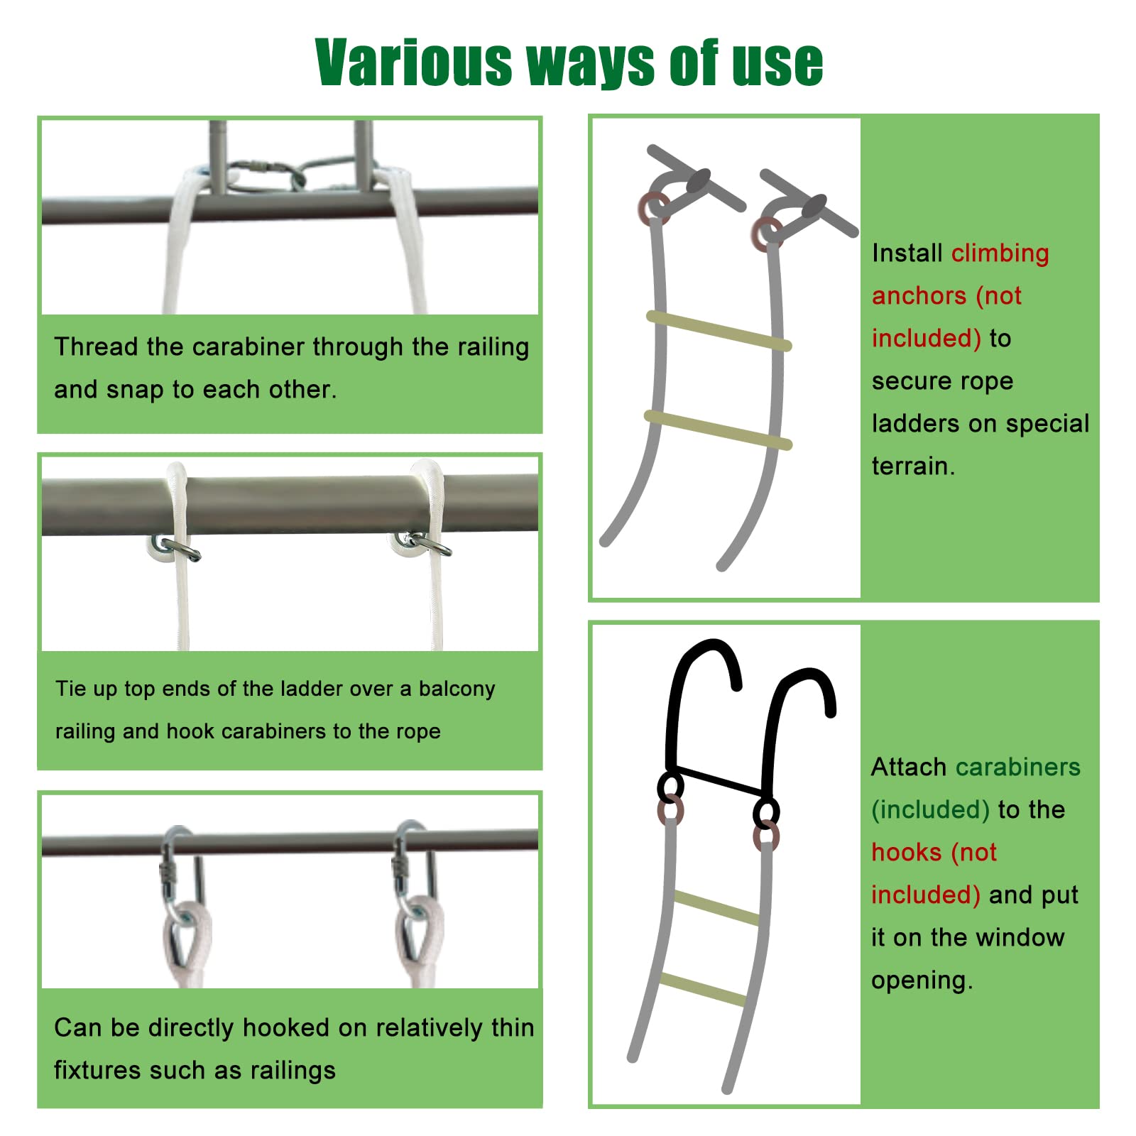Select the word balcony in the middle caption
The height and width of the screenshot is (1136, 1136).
coord(457,689)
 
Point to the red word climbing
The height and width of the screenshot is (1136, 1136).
coord(1000,253)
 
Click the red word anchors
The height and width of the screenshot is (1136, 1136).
coord(919,295)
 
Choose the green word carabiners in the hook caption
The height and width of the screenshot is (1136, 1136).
coord(1017,768)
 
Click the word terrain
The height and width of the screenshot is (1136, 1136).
coord(912,466)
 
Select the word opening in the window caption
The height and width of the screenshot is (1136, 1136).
coord(921,981)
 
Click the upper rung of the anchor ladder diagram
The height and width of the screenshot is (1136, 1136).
coord(719,331)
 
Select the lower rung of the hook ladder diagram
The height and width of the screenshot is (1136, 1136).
coord(703,990)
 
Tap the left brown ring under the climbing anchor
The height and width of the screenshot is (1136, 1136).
coord(652,207)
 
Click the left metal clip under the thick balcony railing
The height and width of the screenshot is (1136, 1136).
coord(177,549)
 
